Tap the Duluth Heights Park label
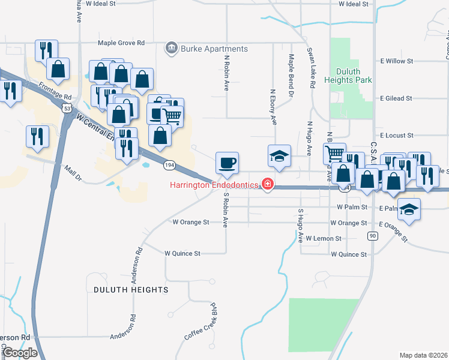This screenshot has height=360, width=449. (x=348, y=75)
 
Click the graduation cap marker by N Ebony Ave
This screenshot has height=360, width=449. (x=279, y=156)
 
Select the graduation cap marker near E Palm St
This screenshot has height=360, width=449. (x=409, y=209)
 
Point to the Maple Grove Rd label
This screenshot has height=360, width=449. (x=121, y=43)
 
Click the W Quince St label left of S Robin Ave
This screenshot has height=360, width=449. (x=182, y=253)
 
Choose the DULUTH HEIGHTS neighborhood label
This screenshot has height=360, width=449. (x=131, y=289)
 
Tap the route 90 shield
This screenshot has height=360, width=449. (x=373, y=236)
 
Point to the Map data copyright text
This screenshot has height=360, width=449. (x=423, y=355)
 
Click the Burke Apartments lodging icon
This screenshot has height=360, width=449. (x=172, y=48)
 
